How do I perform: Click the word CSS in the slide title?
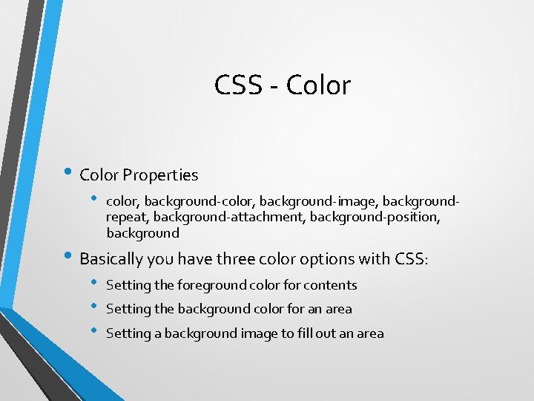click(x=237, y=85)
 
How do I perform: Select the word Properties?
click(x=160, y=175)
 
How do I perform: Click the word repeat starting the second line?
click(x=128, y=218)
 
